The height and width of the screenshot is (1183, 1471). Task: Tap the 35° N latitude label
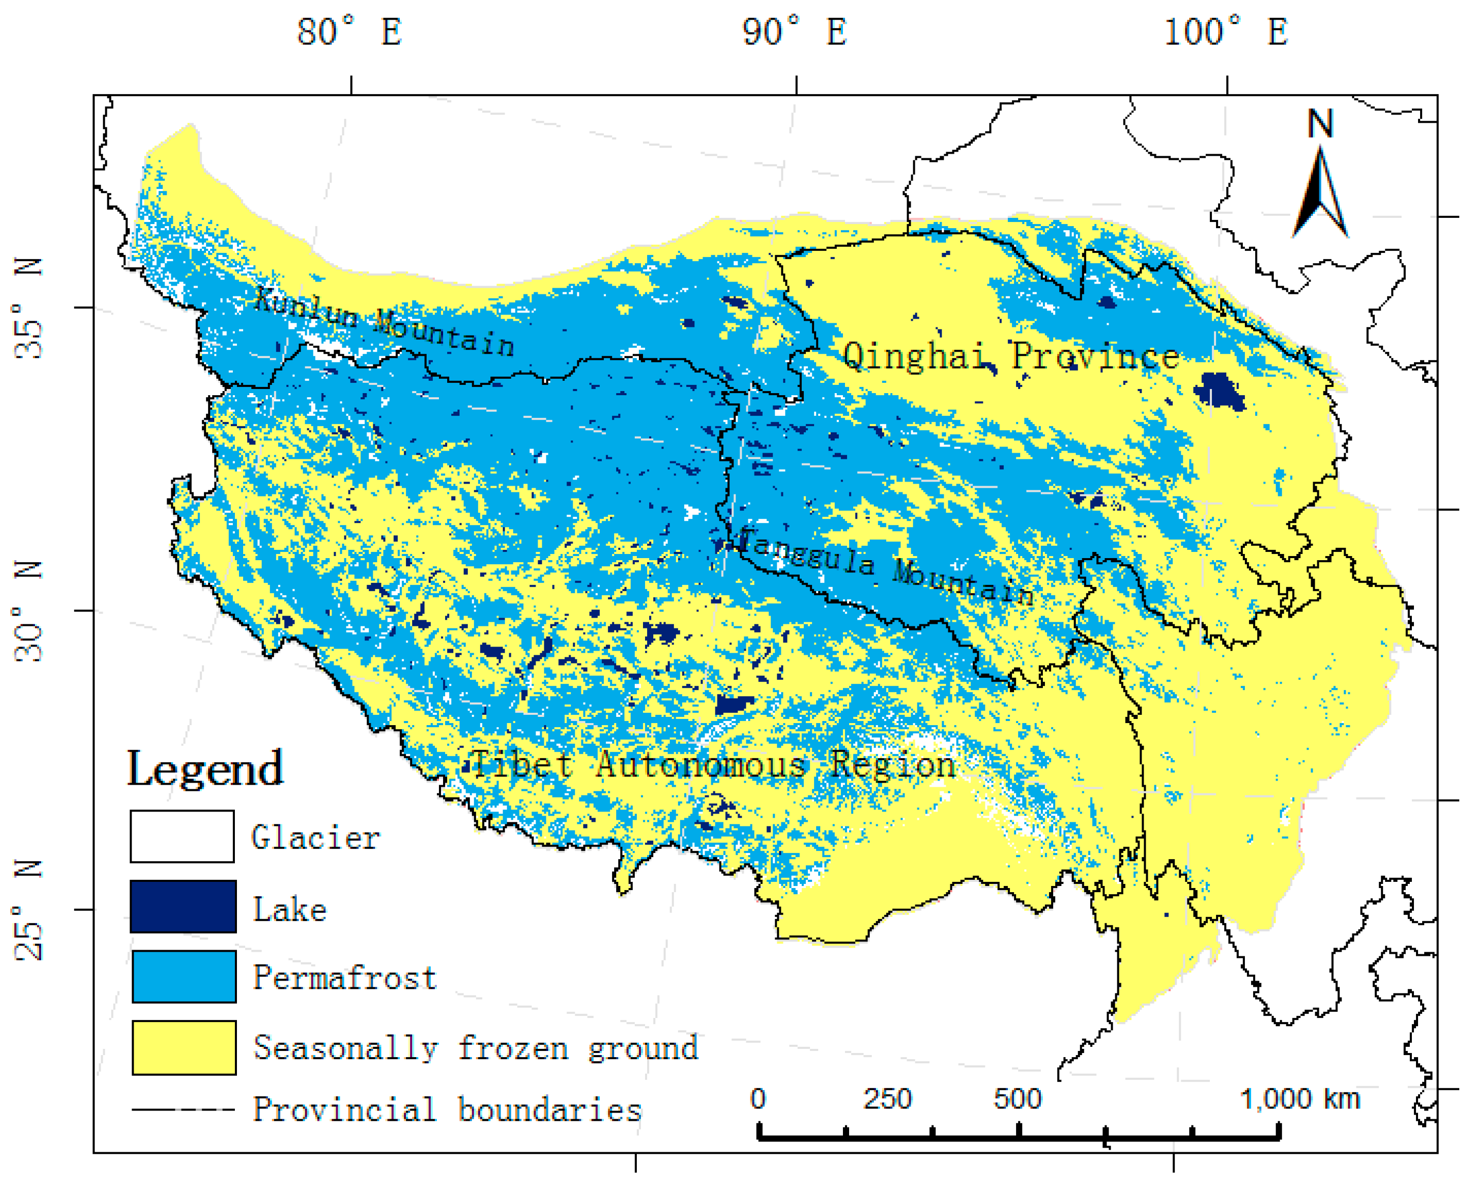[x=29, y=308]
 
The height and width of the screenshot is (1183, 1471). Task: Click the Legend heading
[x=205, y=769]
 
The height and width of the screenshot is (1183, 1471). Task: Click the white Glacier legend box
[x=182, y=837]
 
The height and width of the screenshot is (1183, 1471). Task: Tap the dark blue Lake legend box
[x=183, y=907]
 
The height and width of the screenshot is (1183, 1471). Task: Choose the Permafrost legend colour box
[x=183, y=977]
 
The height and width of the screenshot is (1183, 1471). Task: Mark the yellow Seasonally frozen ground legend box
[x=183, y=1048]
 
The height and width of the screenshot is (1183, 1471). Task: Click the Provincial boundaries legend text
[x=447, y=1110]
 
